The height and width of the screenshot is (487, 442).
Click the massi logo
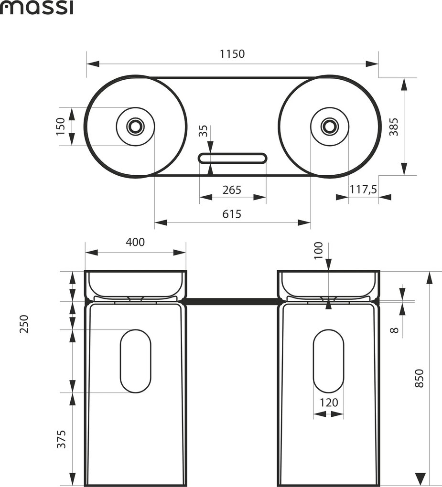tap(36, 8)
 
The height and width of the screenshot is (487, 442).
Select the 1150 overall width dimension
tap(232, 53)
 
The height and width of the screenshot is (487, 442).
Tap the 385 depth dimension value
tap(393, 127)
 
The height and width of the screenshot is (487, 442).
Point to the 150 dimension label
tap(61, 127)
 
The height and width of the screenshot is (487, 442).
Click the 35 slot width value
tap(203, 131)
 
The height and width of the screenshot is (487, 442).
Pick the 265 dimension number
tap(232, 190)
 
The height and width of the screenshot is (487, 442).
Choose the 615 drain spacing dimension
tap(232, 214)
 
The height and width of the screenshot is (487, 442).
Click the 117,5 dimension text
tap(363, 190)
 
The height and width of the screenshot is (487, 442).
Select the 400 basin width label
tap(135, 242)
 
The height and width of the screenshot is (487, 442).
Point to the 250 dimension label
tap(24, 324)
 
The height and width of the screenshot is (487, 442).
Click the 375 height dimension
tap(61, 439)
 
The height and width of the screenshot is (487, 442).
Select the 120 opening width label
tap(329, 402)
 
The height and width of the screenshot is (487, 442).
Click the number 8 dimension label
tap(394, 329)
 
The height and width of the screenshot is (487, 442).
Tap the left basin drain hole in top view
tap(136, 126)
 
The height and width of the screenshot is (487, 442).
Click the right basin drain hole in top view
tap(329, 126)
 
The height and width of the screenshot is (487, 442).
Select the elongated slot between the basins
tap(233, 158)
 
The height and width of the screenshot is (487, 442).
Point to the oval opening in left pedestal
tap(135, 361)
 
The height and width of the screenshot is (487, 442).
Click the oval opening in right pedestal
tap(329, 361)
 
